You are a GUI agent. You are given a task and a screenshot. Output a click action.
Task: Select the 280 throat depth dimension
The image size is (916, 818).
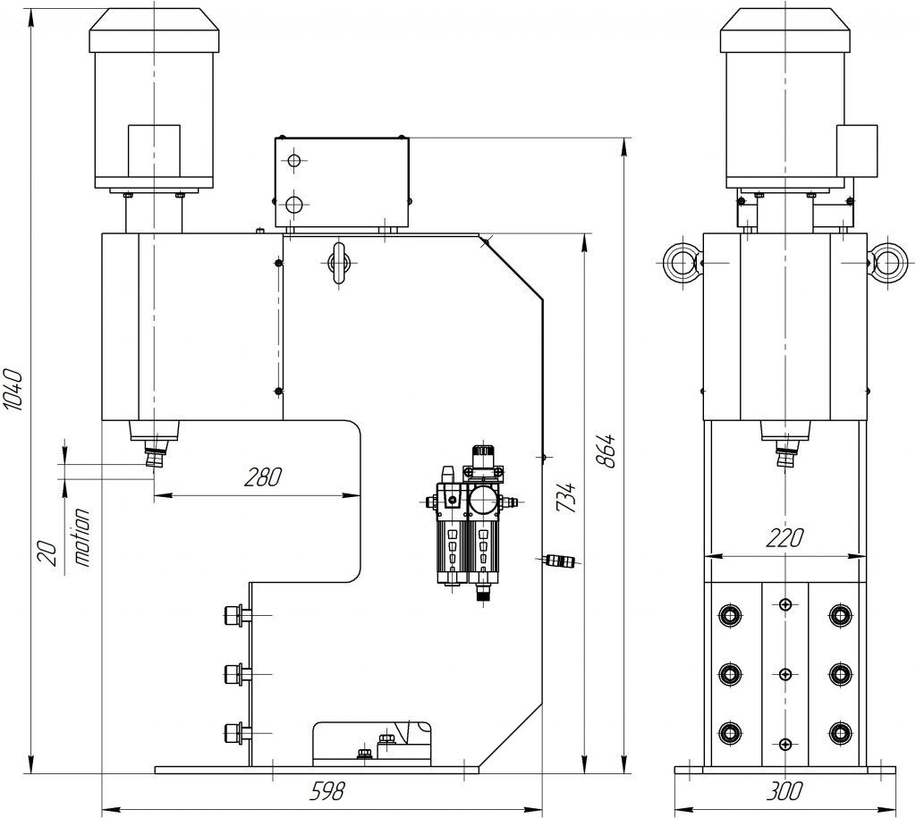(263, 476)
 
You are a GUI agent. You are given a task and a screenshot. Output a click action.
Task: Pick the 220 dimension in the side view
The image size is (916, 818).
(784, 537)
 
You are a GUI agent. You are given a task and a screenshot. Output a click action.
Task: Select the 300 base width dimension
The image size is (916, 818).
(785, 791)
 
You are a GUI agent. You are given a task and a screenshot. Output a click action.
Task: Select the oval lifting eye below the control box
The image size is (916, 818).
(339, 262)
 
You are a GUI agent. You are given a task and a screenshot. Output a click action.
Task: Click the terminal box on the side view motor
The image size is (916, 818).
(856, 149)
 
